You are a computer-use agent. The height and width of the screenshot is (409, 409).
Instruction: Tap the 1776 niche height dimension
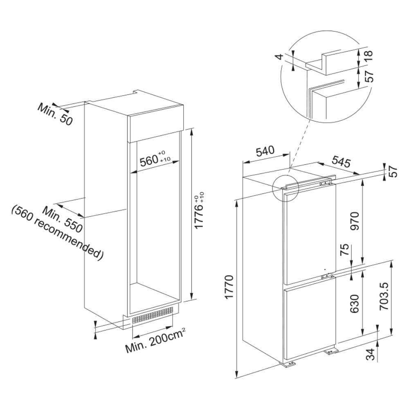(199, 210)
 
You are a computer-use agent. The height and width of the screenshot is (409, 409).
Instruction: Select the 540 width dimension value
(265, 152)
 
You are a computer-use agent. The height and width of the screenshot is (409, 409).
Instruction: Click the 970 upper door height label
(355, 220)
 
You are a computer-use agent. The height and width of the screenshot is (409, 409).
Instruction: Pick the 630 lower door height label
(355, 303)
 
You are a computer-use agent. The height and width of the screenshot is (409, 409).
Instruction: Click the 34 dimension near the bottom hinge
(371, 354)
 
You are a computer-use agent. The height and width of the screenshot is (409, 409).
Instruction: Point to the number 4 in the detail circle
(280, 57)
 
